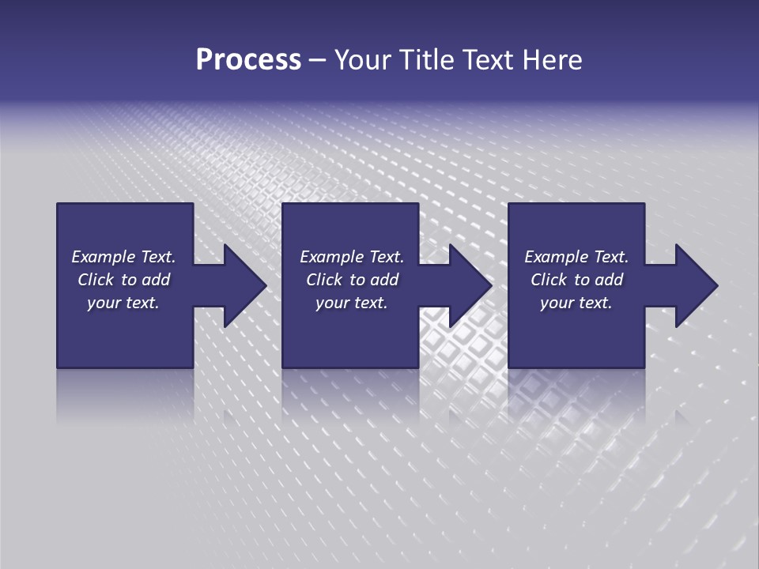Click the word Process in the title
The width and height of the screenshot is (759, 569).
coord(248,60)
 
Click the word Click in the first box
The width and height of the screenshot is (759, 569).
coord(95,280)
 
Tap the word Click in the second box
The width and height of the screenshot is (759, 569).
coord(323,280)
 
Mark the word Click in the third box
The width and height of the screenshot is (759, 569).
coord(549,280)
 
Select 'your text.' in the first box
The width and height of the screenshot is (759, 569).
coord(123,303)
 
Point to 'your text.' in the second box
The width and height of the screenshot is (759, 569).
coord(351,303)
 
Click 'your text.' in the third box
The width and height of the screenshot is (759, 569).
coord(576,303)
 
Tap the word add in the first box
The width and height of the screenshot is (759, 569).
coord(157,280)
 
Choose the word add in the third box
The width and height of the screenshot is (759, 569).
coord(610,280)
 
